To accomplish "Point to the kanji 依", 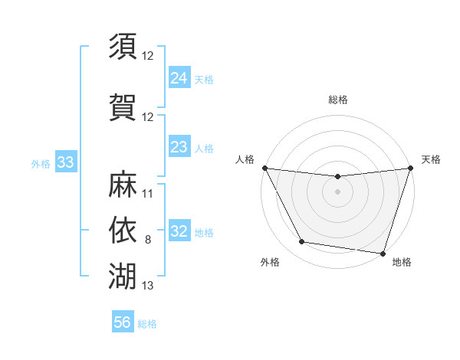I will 123,229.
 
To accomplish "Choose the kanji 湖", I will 123,273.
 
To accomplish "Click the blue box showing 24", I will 179,78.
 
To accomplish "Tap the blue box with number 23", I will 179,147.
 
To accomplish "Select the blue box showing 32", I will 179,231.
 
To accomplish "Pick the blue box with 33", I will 66,162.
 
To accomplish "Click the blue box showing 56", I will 123,322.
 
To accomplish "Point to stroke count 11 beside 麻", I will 148,194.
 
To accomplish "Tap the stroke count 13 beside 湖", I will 148,286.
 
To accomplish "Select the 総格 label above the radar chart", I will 337,100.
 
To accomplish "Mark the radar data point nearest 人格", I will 264,168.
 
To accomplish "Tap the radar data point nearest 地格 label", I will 383,253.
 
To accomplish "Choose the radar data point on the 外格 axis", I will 302,242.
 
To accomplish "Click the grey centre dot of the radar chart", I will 337,191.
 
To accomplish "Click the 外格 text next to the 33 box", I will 41,163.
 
